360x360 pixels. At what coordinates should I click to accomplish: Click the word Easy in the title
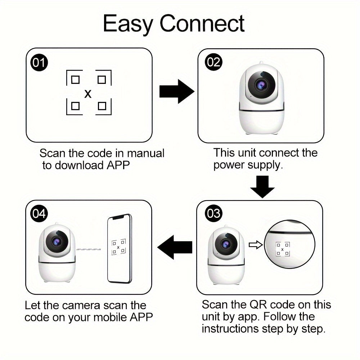[128, 24]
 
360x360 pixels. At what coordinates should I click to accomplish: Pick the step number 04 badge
[39, 213]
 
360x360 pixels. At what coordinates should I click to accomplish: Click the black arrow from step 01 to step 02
[176, 91]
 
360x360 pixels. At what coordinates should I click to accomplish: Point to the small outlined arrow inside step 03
[255, 246]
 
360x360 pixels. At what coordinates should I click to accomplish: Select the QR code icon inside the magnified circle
[282, 249]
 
